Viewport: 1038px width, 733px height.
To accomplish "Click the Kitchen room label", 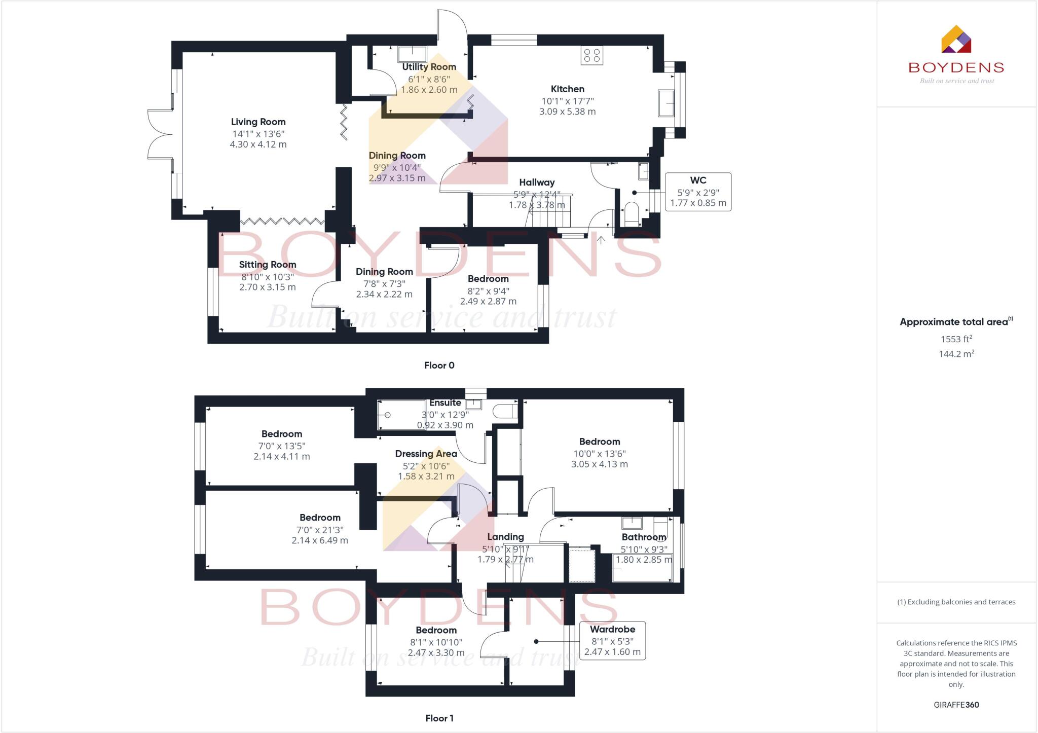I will pyautogui.click(x=567, y=89).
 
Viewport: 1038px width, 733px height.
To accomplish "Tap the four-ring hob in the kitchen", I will pyautogui.click(x=591, y=55).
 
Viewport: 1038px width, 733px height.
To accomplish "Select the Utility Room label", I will pyautogui.click(x=429, y=67).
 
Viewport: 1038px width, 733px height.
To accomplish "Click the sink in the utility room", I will pyautogui.click(x=412, y=54).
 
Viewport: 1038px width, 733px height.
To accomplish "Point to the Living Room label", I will pyautogui.click(x=258, y=122).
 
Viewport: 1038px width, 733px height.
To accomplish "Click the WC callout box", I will pyautogui.click(x=698, y=192).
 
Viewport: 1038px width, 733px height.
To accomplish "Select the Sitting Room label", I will pyautogui.click(x=267, y=265).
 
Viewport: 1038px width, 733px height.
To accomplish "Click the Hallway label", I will pyautogui.click(x=536, y=182).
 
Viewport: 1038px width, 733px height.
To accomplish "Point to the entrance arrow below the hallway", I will pyautogui.click(x=601, y=240).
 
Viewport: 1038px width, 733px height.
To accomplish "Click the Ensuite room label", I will pyautogui.click(x=445, y=403).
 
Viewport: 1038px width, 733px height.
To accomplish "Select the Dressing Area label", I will pyautogui.click(x=426, y=454).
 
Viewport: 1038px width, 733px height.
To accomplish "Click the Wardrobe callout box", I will pyautogui.click(x=612, y=641).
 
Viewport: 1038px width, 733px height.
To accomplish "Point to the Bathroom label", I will pyautogui.click(x=644, y=537).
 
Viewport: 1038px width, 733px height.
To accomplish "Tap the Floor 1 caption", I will pyautogui.click(x=439, y=718).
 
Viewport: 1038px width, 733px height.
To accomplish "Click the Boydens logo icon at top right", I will pyautogui.click(x=956, y=40).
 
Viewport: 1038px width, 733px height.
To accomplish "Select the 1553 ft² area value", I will pyautogui.click(x=956, y=339).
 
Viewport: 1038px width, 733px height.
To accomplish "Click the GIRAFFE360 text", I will pyautogui.click(x=956, y=705).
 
